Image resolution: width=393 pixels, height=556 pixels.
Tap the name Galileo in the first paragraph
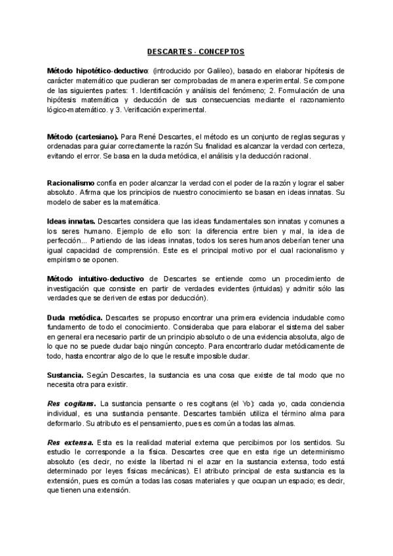tap(210, 69)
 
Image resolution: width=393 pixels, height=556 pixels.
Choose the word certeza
tap(332, 146)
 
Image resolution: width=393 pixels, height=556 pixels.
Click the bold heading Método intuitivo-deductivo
tap(96, 279)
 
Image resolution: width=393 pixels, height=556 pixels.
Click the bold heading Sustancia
tap(64, 374)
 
